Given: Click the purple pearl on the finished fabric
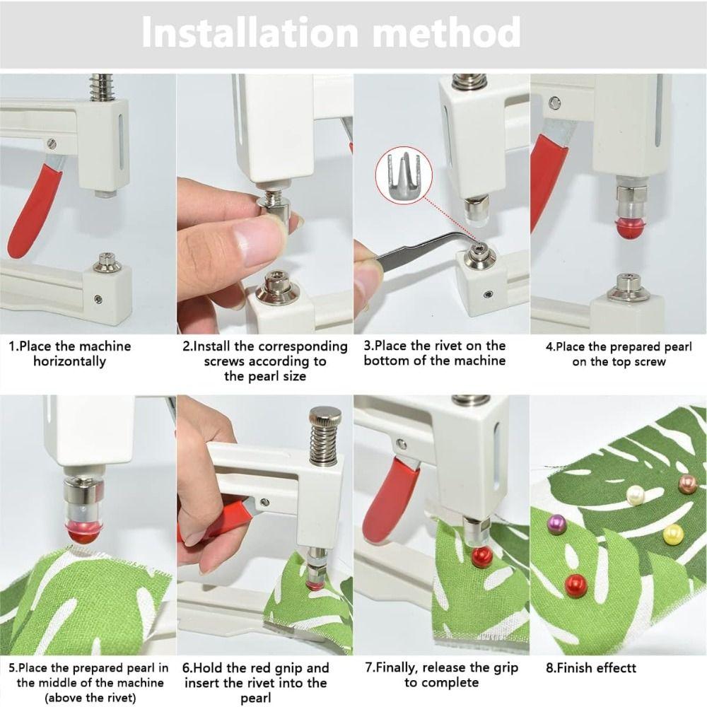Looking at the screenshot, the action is click(556, 523).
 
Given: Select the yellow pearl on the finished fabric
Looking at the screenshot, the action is click(673, 534).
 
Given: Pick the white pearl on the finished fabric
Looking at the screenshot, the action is click(636, 495).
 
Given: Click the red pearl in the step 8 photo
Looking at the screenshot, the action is click(575, 585).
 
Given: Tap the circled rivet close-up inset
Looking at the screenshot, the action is click(404, 177).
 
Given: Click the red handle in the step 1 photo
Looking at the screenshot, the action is click(33, 211).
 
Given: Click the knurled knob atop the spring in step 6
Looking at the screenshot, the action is click(325, 416).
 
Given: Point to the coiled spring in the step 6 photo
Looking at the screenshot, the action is click(325, 446).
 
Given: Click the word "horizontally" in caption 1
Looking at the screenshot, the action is click(70, 361).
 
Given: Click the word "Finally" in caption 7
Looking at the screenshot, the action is click(396, 668).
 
